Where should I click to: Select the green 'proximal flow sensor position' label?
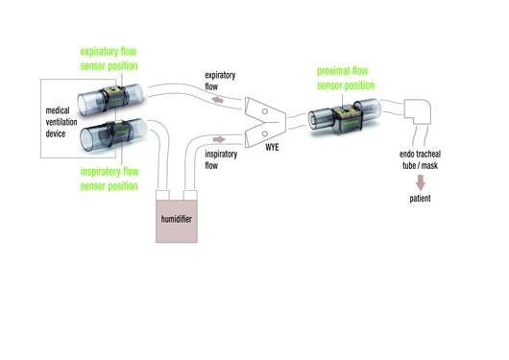pyautogui.click(x=351, y=77)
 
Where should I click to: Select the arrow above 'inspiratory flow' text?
pyautogui.click(x=222, y=138)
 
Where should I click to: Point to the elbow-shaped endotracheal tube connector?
pyautogui.click(x=421, y=114)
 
